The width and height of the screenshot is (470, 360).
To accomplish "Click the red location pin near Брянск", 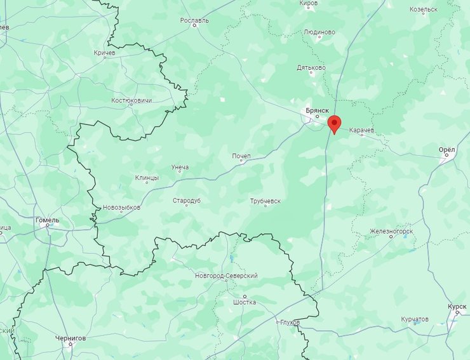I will pyautogui.click(x=333, y=123).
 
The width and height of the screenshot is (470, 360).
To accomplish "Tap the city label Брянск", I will pyautogui.click(x=317, y=110).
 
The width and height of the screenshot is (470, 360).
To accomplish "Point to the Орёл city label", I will pyautogui.click(x=447, y=150).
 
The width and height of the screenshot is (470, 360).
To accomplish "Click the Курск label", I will pyautogui.click(x=456, y=307).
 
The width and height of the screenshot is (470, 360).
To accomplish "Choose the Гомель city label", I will pyautogui.click(x=47, y=220).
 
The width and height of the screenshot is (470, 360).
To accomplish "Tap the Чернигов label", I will pyautogui.click(x=70, y=338).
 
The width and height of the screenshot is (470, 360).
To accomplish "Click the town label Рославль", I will pyautogui.click(x=194, y=20).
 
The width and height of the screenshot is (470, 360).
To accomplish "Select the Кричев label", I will pyautogui.click(x=104, y=53).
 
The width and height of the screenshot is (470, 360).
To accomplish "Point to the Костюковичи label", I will pyautogui.click(x=131, y=100).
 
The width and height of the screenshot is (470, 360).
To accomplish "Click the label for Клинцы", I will pyautogui.click(x=147, y=178).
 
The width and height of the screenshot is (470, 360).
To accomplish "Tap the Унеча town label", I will pyautogui.click(x=180, y=168).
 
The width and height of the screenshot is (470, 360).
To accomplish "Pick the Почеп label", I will pyautogui.click(x=241, y=156).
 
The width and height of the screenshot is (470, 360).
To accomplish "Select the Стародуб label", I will pyautogui.click(x=187, y=201).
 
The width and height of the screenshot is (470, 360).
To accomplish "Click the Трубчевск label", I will pyautogui.click(x=265, y=201).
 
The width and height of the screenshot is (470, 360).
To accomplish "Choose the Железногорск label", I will pyautogui.click(x=391, y=231).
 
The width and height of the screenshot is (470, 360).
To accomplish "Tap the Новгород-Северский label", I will pyautogui.click(x=227, y=276).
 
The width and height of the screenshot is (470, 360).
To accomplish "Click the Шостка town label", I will pyautogui.click(x=245, y=302).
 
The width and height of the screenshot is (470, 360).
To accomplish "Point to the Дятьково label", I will pyautogui.click(x=311, y=67).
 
